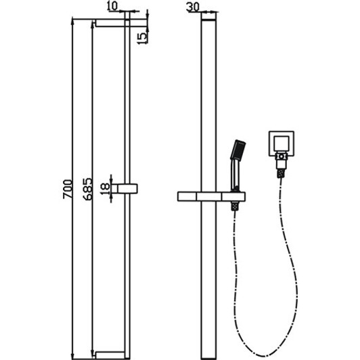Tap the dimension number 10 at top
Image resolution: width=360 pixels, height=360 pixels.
click(x=112, y=7)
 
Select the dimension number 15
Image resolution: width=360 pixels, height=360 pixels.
click(x=141, y=36)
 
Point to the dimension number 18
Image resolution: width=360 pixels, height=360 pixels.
click(x=104, y=187)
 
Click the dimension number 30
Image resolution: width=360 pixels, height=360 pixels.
click(x=194, y=7)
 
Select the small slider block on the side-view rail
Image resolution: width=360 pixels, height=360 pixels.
click(x=127, y=187)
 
